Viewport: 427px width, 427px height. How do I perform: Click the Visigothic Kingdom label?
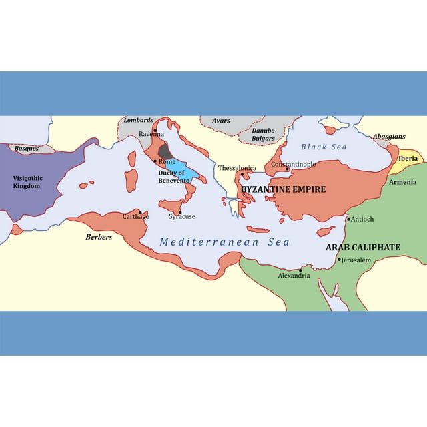tap(27, 182)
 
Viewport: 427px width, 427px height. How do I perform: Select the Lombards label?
tap(138, 121)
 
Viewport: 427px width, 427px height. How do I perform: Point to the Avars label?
tap(221, 121)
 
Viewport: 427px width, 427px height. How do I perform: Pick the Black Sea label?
tap(323, 147)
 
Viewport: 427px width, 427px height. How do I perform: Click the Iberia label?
tap(408, 159)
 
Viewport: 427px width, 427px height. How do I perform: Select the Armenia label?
tap(402, 182)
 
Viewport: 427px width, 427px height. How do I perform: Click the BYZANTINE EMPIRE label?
tap(283, 189)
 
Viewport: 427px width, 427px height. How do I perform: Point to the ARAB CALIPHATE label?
tap(362, 248)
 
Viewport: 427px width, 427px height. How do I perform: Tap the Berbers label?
tap(99, 237)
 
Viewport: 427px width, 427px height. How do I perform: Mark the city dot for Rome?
tap(155, 161)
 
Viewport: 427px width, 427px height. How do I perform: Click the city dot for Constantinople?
tap(287, 169)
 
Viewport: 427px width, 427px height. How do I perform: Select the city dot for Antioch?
tap(348, 219)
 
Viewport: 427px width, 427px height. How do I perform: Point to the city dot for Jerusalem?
tap(338, 260)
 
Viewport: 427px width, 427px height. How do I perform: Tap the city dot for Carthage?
tap(140, 212)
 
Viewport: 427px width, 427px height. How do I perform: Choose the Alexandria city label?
tap(294, 276)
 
